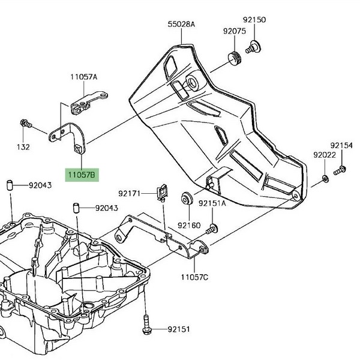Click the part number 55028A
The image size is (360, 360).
(x=182, y=24)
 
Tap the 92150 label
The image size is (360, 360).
(x=254, y=20)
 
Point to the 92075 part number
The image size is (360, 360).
(x=235, y=31)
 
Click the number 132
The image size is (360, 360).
(x=23, y=146)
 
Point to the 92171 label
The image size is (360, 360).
(x=129, y=193)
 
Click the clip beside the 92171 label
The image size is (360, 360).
(x=161, y=191)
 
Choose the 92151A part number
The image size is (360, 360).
(x=212, y=203)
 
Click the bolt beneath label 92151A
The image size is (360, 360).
(x=212, y=229)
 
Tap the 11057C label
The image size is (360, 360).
(x=194, y=277)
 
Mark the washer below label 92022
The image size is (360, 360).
(x=324, y=178)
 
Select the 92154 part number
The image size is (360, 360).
(x=342, y=145)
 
